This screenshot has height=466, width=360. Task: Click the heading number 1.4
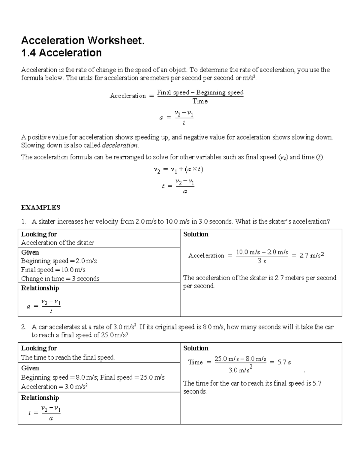(28, 53)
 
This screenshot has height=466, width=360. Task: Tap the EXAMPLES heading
(40, 208)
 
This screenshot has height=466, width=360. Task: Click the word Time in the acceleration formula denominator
(200, 101)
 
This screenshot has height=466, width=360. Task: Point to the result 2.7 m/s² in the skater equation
(312, 255)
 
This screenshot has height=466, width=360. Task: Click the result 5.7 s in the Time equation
(284, 362)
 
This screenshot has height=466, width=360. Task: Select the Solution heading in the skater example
(196, 234)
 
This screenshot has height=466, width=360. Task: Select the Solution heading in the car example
(196, 348)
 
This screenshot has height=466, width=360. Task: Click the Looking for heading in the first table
(39, 234)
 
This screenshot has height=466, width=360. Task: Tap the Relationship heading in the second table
(40, 398)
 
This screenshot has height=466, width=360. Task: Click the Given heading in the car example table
(30, 368)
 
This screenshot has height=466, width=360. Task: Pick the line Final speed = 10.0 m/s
(53, 270)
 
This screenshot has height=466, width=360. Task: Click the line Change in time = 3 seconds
(60, 279)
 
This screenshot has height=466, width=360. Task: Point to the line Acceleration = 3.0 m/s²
(54, 386)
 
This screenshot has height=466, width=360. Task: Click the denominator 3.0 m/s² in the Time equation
(240, 370)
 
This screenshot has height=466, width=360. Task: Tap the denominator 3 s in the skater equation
(262, 261)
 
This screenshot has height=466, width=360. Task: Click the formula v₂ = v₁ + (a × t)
(178, 170)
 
